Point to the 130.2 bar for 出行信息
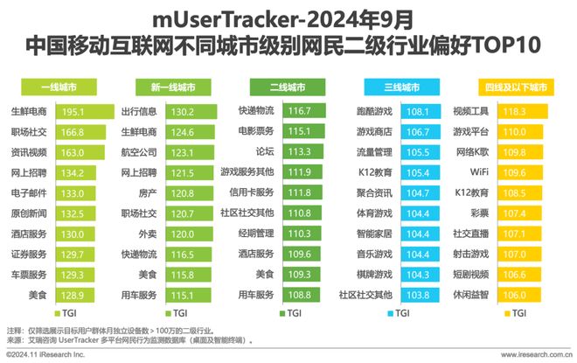187,112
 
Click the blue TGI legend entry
398,312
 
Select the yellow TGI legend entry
513,312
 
